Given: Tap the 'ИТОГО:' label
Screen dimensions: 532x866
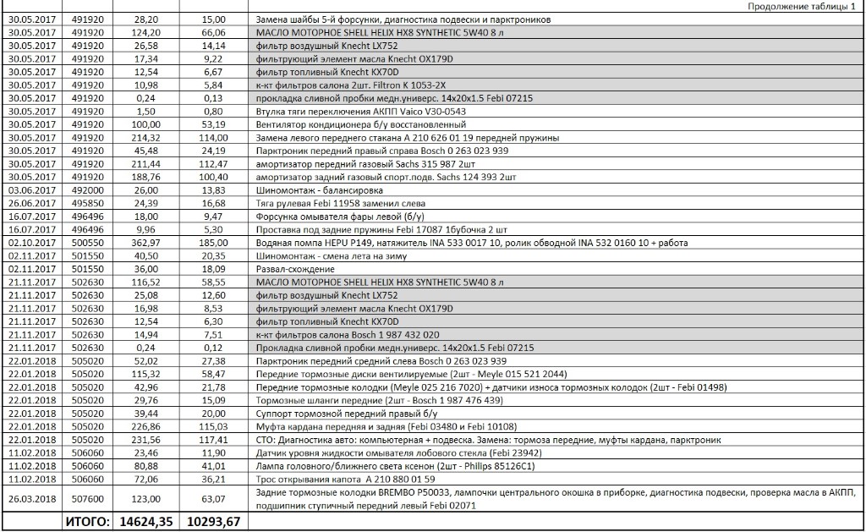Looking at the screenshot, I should (x=87, y=522).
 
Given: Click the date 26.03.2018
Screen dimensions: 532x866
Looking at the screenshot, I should (x=30, y=499).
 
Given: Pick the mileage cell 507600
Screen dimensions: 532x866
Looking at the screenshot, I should (x=88, y=499).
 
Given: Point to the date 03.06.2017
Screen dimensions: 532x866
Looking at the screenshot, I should (x=30, y=190).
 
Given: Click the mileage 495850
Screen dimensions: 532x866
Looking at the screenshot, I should (x=88, y=203).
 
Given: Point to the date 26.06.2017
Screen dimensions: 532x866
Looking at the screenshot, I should (x=30, y=203).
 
